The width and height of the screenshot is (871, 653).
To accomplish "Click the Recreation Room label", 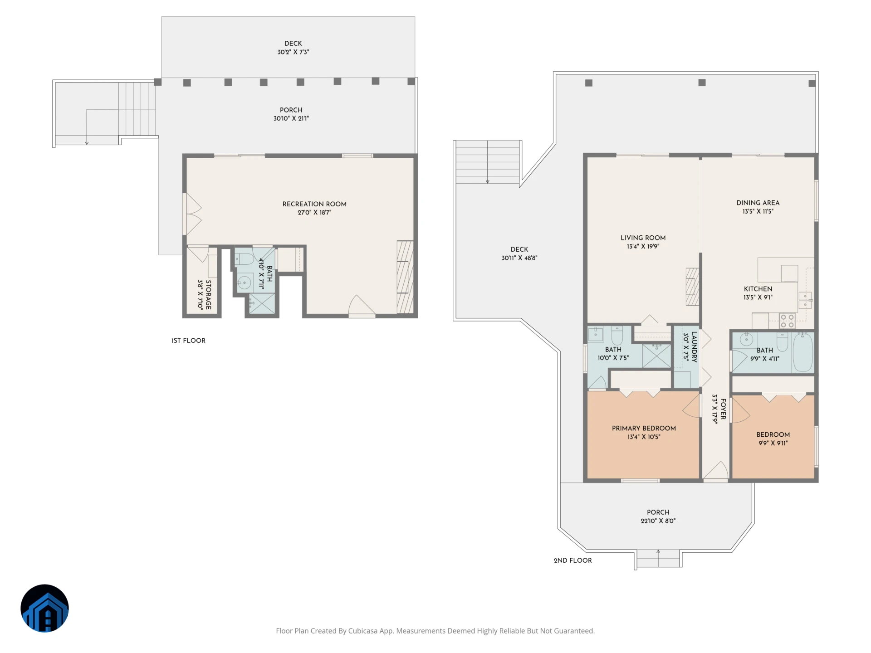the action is [314, 204].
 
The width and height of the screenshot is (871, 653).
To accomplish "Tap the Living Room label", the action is [643, 238].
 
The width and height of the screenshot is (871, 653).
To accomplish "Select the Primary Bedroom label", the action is [644, 429].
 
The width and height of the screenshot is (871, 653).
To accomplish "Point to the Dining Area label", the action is [758, 203].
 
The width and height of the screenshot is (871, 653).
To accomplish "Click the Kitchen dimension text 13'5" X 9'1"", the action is [758, 297].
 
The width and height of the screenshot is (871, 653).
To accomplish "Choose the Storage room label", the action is [208, 295].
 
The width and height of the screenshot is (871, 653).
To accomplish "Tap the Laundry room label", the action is [694, 347].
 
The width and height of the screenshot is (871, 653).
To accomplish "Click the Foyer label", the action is [723, 409].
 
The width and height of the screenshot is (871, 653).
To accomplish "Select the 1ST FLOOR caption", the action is [188, 341].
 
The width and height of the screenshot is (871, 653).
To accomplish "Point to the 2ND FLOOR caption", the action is [573, 560].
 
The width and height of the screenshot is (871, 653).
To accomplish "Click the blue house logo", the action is [44, 608].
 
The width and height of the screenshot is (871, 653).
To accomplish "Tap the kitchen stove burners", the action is [787, 321].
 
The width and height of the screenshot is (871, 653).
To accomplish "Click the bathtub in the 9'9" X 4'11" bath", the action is [802, 352].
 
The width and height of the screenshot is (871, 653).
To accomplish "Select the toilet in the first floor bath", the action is [245, 259].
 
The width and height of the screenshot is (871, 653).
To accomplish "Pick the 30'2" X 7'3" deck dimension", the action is [293, 52].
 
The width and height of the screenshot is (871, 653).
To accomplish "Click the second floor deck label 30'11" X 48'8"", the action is [519, 258].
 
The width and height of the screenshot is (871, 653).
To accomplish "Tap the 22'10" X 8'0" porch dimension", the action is [658, 521].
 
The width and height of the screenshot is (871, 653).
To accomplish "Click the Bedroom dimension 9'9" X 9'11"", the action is [773, 443].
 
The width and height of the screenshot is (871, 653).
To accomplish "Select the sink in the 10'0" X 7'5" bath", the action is [595, 335].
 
